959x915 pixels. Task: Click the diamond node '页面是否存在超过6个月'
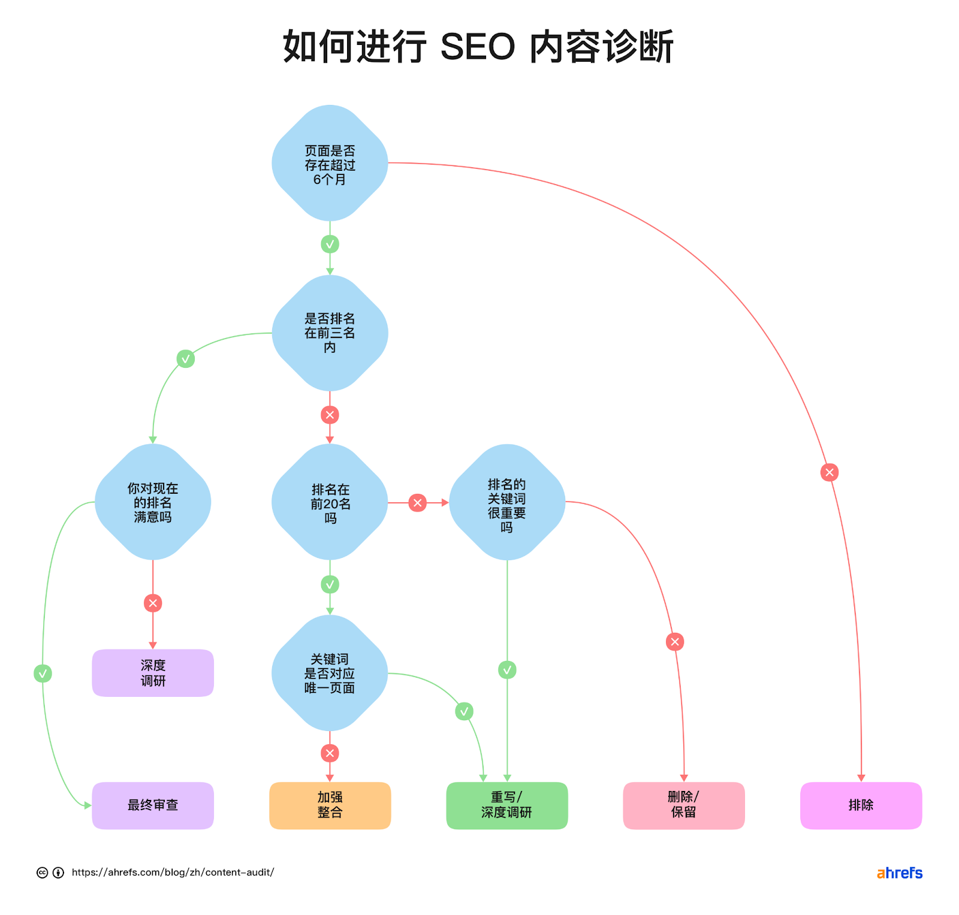[330, 164]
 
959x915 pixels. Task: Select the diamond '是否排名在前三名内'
[330, 333]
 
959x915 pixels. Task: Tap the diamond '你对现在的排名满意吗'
[153, 502]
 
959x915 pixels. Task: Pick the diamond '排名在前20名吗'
[330, 502]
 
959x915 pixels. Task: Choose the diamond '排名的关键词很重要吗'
[507, 502]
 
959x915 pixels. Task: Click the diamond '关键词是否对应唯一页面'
[330, 673]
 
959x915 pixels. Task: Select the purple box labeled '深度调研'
[153, 673]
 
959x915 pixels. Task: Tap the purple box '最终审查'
[153, 805]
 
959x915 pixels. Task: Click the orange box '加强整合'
[330, 805]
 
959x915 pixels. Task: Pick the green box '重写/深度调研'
[507, 805]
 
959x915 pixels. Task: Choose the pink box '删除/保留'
[684, 805]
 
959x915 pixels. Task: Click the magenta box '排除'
[861, 805]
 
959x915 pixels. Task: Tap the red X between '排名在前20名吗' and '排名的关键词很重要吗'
[418, 503]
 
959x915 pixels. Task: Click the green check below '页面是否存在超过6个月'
[330, 244]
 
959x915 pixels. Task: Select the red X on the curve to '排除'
[830, 472]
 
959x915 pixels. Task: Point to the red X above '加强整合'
[330, 753]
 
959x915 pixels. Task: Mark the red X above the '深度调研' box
[153, 603]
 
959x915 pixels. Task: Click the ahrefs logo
[899, 873]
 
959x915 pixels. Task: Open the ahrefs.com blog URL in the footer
[173, 872]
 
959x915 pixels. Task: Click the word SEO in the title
[478, 47]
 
